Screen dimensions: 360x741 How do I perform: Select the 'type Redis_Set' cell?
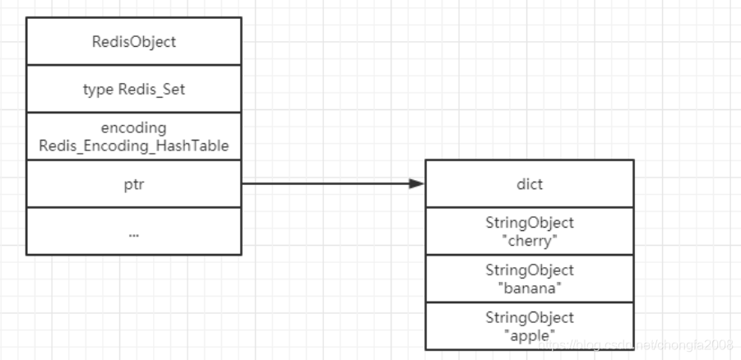tap(134, 90)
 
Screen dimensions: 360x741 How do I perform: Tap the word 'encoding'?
tap(134, 128)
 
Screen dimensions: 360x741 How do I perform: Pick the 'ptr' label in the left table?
tap(134, 184)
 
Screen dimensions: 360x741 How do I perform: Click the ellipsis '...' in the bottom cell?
tap(134, 233)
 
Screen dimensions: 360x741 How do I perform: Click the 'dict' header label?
tap(530, 184)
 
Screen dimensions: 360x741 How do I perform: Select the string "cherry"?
tap(530, 239)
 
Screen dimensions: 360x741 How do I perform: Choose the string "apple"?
tap(530, 334)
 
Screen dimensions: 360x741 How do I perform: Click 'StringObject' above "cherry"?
tap(530, 223)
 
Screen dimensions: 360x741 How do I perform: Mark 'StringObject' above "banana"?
tap(530, 270)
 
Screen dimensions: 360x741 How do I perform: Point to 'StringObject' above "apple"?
tap(530, 317)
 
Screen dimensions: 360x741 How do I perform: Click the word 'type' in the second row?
tap(98, 90)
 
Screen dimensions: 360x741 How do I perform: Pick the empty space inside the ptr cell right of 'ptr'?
tap(197, 184)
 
